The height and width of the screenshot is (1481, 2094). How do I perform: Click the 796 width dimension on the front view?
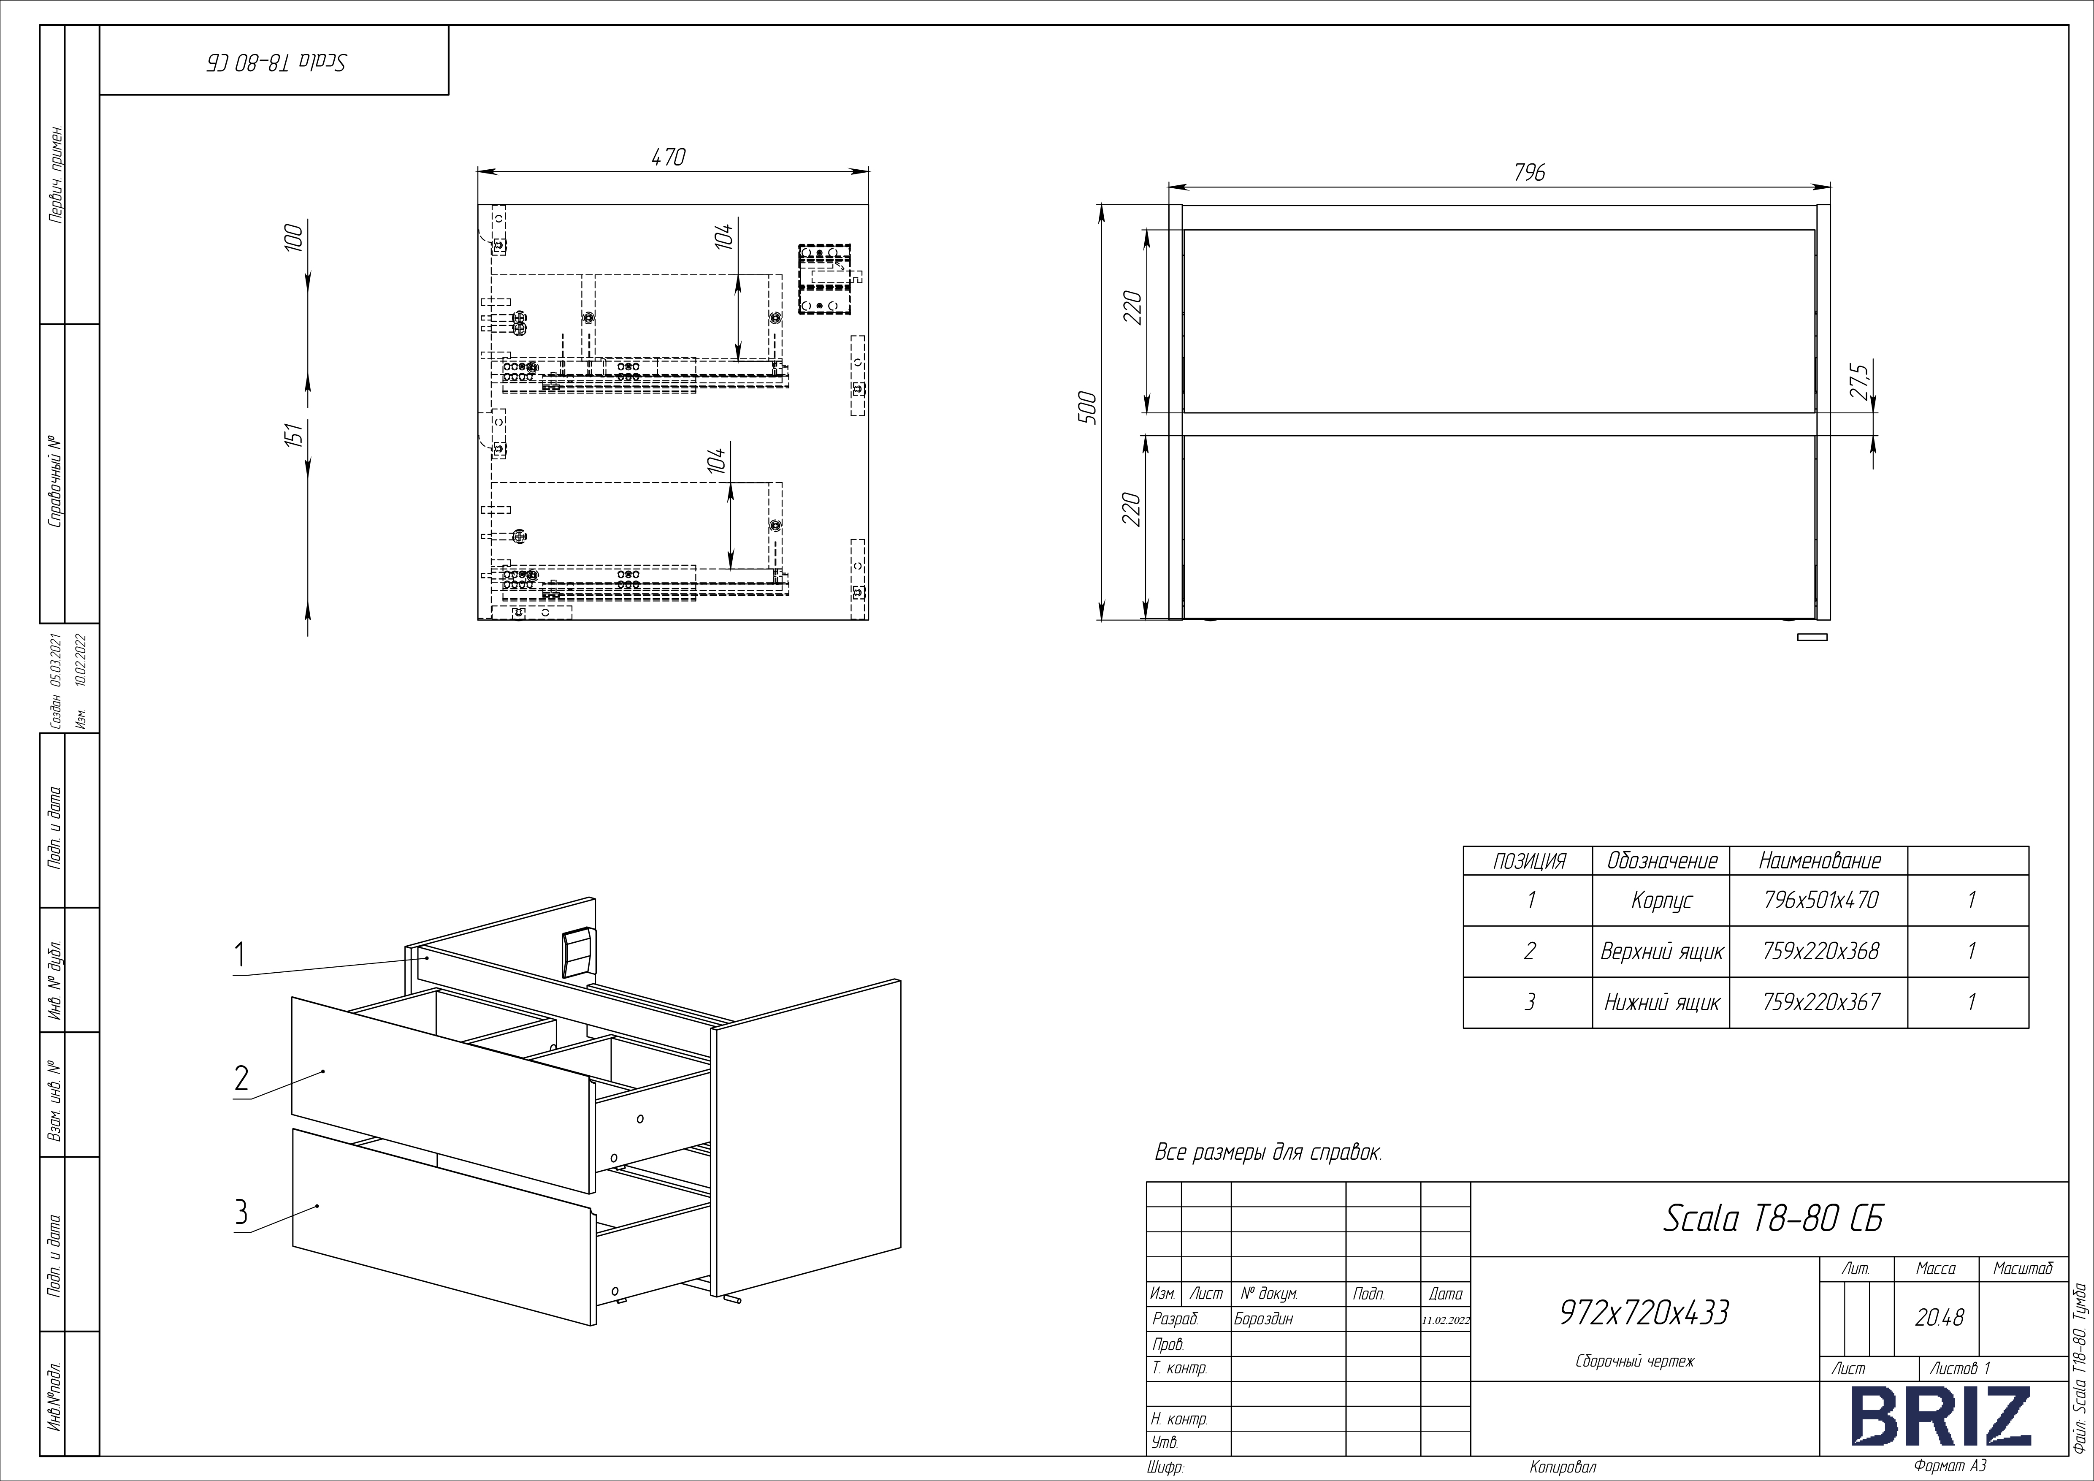[1530, 172]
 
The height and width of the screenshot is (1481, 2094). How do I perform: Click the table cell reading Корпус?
[1662, 901]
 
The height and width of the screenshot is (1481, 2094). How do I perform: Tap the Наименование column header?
[1820, 861]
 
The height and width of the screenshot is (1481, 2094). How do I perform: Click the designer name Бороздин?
[1263, 1319]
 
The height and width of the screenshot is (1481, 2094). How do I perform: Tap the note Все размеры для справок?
[1268, 1153]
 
